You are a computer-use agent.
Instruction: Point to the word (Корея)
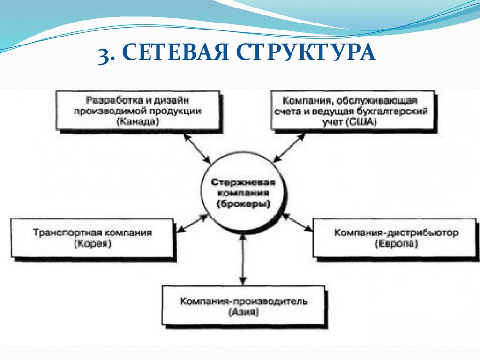(92, 244)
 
